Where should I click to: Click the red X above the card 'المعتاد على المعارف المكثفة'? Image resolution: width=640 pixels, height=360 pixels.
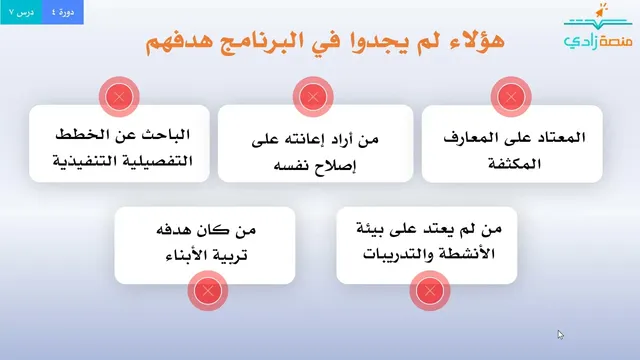511,97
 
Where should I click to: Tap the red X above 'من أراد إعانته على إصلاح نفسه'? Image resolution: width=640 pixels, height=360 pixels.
313,97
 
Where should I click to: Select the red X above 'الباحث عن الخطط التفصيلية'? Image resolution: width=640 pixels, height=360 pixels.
119,97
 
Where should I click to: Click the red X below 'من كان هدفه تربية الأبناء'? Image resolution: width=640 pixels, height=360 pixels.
208,291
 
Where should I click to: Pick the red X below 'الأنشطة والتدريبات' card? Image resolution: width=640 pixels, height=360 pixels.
430,291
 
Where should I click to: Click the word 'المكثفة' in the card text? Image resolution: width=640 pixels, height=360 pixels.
514,164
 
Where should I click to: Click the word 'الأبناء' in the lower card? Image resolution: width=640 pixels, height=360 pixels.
184,256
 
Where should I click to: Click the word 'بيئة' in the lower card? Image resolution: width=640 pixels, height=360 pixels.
370,229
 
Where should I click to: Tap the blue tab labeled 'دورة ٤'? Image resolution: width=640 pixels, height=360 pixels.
63,12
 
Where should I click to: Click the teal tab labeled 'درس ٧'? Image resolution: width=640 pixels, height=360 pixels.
21,12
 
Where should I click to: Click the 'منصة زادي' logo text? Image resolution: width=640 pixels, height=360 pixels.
598,41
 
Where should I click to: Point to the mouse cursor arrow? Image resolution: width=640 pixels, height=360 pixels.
560,334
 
